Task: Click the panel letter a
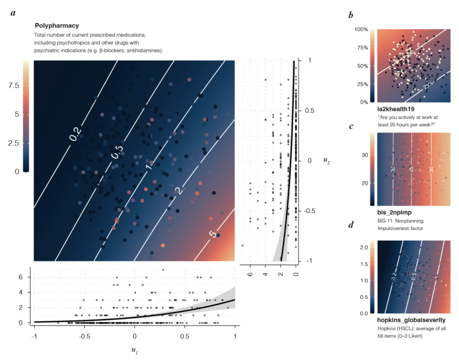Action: coord(13,13)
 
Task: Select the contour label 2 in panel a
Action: coord(178,191)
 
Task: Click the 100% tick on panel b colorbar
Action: coord(361,30)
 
